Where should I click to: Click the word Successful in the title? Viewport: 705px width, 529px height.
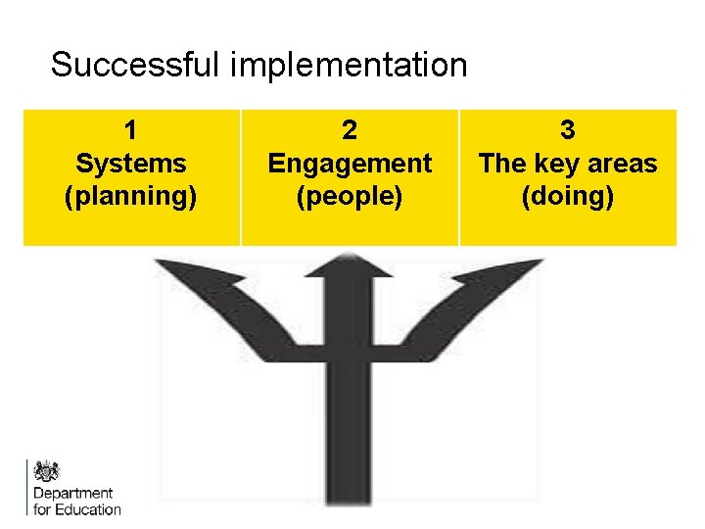pyautogui.click(x=136, y=66)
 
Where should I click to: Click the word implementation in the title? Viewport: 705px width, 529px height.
pyautogui.click(x=349, y=67)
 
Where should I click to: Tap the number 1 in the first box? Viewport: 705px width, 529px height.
pyautogui.click(x=130, y=129)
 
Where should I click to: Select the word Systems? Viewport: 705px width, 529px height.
pyautogui.click(x=130, y=163)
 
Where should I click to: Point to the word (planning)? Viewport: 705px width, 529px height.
pyautogui.click(x=130, y=196)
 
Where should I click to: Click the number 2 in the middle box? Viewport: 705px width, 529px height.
pyautogui.click(x=350, y=129)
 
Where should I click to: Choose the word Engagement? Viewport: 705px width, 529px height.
pyautogui.click(x=350, y=163)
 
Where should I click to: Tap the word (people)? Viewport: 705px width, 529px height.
pyautogui.click(x=350, y=196)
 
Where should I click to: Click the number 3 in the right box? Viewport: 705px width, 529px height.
pyautogui.click(x=568, y=129)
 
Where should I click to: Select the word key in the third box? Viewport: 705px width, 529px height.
pyautogui.click(x=557, y=163)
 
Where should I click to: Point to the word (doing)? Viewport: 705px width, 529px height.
pyautogui.click(x=568, y=196)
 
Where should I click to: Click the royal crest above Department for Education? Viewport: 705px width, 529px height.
pyautogui.click(x=46, y=471)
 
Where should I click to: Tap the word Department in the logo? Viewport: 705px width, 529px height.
pyautogui.click(x=72, y=493)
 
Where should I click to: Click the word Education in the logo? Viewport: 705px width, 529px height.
pyautogui.click(x=88, y=508)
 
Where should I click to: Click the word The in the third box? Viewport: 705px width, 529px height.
pyautogui.click(x=501, y=163)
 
